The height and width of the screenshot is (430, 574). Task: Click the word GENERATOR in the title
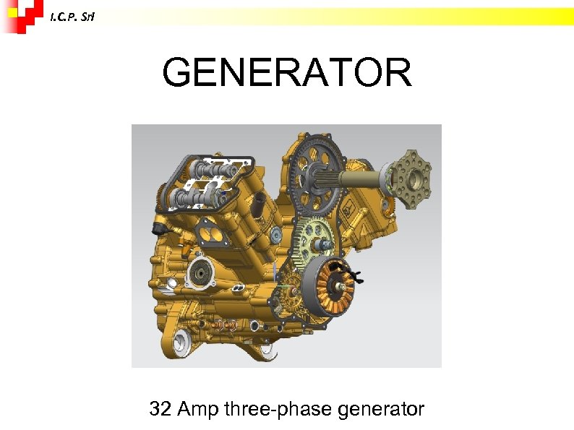tap(287, 72)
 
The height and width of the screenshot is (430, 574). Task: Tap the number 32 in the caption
tap(160, 410)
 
